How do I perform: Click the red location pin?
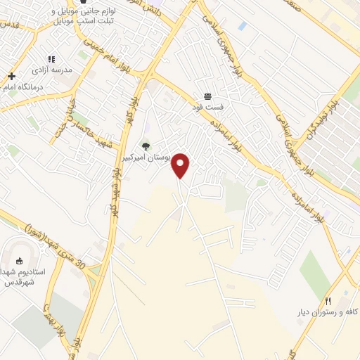click(x=181, y=165)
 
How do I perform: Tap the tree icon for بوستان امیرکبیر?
click(x=146, y=146)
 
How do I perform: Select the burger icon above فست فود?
click(x=207, y=96)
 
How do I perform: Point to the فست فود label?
click(x=207, y=108)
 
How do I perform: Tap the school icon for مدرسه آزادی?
click(x=51, y=60)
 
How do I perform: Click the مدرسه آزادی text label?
click(x=51, y=71)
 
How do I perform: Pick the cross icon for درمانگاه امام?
click(x=11, y=76)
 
